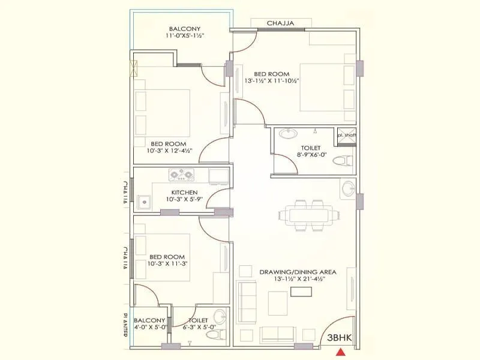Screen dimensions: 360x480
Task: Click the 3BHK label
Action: (x=339, y=337)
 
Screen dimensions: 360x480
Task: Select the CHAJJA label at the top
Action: (x=280, y=23)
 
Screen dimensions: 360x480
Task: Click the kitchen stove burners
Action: (x=183, y=175)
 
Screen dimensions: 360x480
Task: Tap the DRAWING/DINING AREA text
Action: (x=298, y=272)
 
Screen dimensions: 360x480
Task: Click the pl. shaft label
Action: (x=346, y=135)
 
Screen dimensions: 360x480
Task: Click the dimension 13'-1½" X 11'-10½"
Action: (x=271, y=80)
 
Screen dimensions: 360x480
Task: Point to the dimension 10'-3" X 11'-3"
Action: (x=167, y=263)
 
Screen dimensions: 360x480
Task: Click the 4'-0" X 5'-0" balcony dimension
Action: (x=149, y=328)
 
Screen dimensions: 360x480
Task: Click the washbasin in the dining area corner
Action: (x=347, y=188)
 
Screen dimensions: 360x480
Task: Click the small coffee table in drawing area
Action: (x=301, y=291)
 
